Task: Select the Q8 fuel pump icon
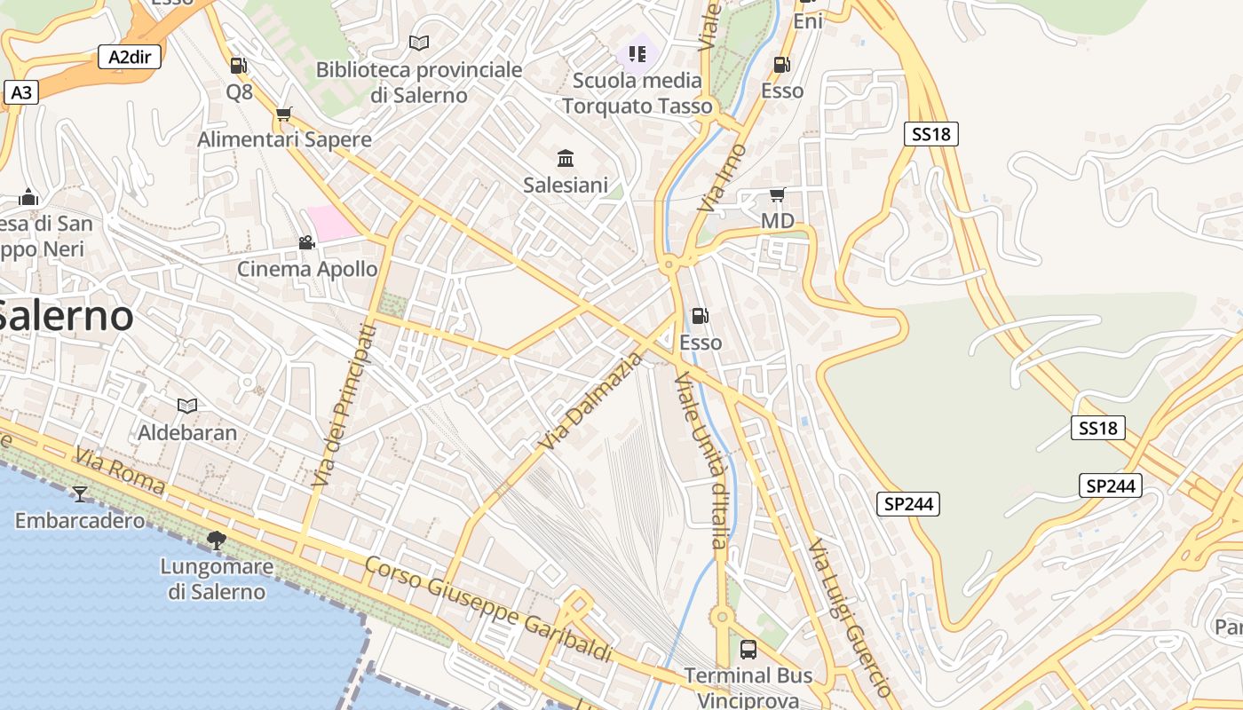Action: pyautogui.click(x=238, y=66)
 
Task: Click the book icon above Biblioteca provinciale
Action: pyautogui.click(x=419, y=43)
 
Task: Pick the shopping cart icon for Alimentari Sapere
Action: pyautogui.click(x=284, y=114)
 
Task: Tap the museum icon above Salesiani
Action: pyautogui.click(x=566, y=159)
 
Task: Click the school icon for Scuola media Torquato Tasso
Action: pyautogui.click(x=637, y=54)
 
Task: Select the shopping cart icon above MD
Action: pyautogui.click(x=777, y=194)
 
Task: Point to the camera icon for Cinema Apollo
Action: pyautogui.click(x=307, y=242)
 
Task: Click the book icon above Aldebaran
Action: pyautogui.click(x=187, y=406)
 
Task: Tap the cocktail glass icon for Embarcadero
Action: pyautogui.click(x=80, y=493)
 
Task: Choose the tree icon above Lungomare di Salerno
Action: pyautogui.click(x=216, y=540)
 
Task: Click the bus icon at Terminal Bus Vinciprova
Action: pyautogui.click(x=748, y=650)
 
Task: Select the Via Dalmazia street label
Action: pyautogui.click(x=590, y=400)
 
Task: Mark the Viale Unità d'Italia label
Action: pyautogui.click(x=701, y=460)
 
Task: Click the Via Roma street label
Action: pyautogui.click(x=120, y=470)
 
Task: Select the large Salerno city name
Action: pyautogui.click(x=67, y=316)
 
